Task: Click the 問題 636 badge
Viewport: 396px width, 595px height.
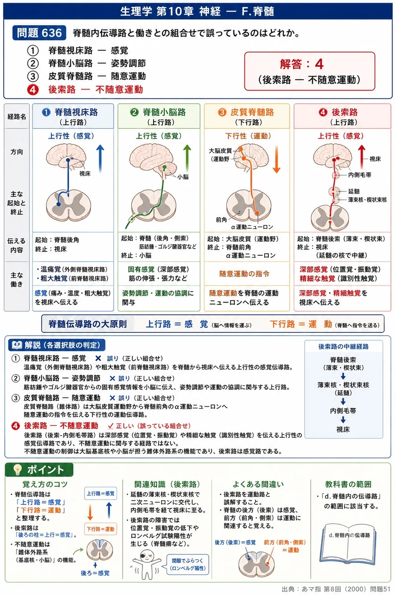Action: [39, 33]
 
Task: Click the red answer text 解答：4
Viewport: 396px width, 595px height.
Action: [302, 64]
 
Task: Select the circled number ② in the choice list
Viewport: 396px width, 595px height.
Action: [33, 64]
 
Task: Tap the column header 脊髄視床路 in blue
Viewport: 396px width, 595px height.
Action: [76, 112]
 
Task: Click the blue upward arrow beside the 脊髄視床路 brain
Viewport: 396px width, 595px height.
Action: [100, 159]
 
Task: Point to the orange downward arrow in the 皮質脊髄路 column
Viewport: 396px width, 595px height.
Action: [276, 159]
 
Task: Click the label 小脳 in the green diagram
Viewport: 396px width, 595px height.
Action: [183, 177]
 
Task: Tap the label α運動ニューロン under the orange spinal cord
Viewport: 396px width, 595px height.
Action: [252, 227]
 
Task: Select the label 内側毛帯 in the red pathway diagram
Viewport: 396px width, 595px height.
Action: [359, 175]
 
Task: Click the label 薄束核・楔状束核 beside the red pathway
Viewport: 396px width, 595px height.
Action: [367, 200]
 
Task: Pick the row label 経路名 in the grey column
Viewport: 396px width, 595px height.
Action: [17, 116]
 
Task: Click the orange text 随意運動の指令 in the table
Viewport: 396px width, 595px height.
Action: [244, 274]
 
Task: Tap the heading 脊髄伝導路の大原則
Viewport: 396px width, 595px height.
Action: [88, 324]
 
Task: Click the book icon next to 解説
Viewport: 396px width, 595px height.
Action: [17, 345]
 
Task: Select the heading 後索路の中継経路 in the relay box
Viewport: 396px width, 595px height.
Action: [344, 346]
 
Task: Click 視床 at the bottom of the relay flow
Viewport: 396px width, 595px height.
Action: [343, 429]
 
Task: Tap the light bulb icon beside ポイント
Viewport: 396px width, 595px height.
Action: [18, 469]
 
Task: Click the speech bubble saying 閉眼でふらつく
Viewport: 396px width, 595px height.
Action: [188, 564]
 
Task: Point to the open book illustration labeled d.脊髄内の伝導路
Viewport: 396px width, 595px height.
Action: [349, 543]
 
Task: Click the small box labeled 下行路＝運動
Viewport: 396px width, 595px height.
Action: [101, 529]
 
